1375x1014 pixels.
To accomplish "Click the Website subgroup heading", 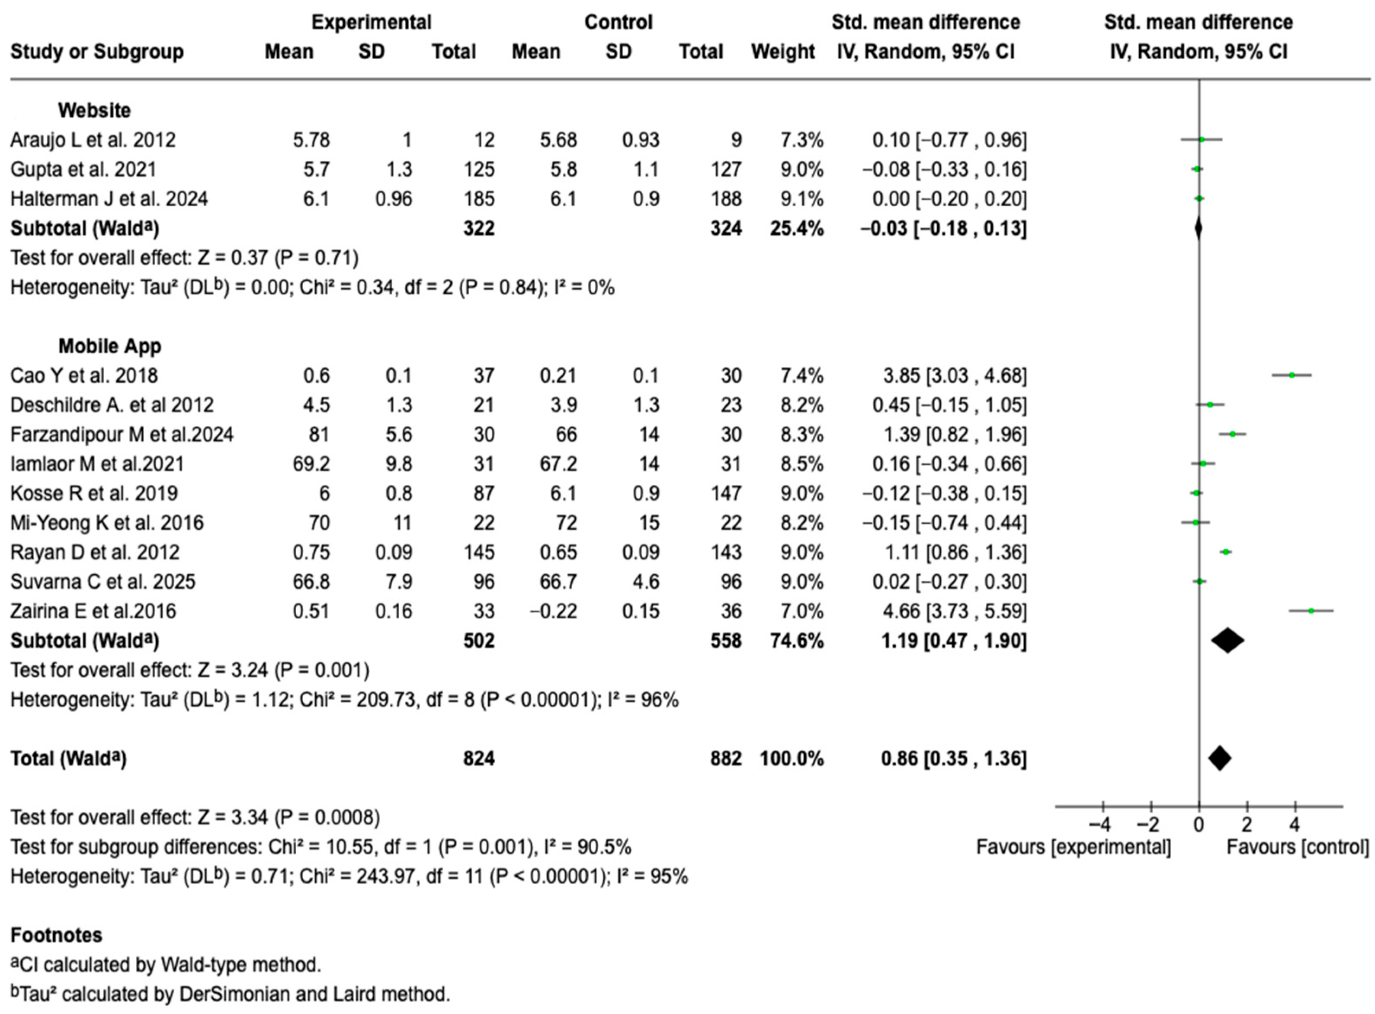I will [x=95, y=111].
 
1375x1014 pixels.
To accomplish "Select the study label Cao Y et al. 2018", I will [x=84, y=376].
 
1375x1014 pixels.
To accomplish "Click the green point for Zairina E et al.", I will [x=1311, y=611].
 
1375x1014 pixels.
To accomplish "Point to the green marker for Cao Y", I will [x=1292, y=375].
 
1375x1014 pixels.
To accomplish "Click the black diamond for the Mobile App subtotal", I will [x=1228, y=641].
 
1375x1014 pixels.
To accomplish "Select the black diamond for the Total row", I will [x=1220, y=758].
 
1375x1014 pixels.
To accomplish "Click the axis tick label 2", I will [x=1247, y=824].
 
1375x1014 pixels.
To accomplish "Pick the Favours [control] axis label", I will [x=1298, y=847].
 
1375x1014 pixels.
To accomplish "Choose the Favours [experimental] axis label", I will [x=1074, y=847].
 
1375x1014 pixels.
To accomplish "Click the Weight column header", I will [x=783, y=51].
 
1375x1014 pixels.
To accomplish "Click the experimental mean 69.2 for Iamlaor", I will [x=311, y=464].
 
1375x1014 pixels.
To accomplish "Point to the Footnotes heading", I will [x=57, y=935].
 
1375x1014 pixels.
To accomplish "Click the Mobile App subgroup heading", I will [x=110, y=346].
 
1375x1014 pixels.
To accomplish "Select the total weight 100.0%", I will [x=792, y=758].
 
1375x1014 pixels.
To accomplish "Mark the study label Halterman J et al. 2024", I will [x=109, y=199].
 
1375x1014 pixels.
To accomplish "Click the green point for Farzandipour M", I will [x=1232, y=434].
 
